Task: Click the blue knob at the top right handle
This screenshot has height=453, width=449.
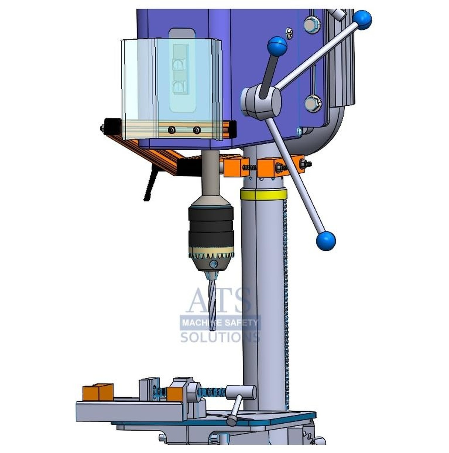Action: coord(362,20)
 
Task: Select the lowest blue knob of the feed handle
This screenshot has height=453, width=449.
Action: coord(326,241)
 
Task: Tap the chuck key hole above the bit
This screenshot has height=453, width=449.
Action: coord(213,264)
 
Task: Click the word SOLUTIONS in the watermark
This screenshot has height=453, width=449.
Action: coord(220,337)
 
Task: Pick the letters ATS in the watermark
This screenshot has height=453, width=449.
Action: coord(219,300)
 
